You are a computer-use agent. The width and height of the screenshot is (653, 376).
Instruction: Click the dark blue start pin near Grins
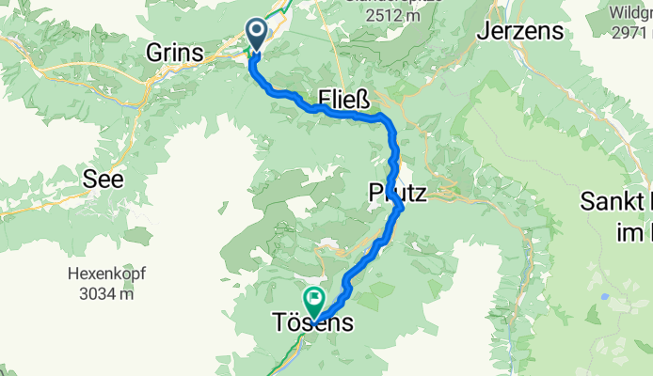[256, 34]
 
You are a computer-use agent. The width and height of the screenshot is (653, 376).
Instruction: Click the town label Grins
[175, 55]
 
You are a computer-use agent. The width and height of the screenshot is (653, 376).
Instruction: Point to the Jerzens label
[519, 31]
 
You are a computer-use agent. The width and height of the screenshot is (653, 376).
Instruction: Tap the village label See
[104, 180]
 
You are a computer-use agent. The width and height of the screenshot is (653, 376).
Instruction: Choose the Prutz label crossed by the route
[397, 194]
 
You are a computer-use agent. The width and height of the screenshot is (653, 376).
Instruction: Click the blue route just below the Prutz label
[399, 209]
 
